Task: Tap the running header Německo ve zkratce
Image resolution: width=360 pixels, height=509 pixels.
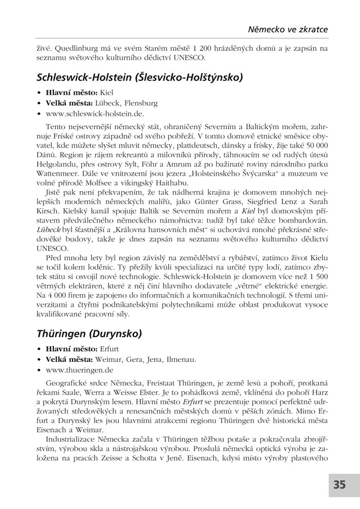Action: tap(289, 29)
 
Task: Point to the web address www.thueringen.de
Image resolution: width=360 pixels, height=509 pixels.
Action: tap(79, 369)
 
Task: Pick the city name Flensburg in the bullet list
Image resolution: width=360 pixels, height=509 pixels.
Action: tap(139, 103)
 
